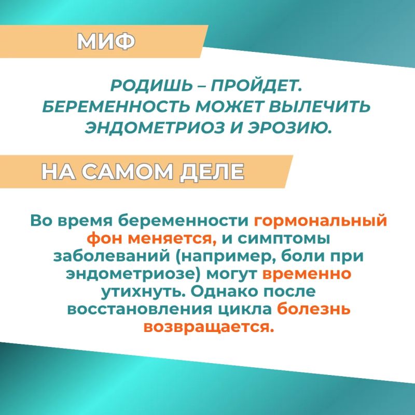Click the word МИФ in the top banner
pyautogui.click(x=106, y=42)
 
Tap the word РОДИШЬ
pyautogui.click(x=151, y=86)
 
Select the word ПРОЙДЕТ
pyautogui.click(x=256, y=85)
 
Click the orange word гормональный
pyautogui.click(x=320, y=222)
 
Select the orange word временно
pyautogui.click(x=307, y=274)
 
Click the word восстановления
pyautogui.click(x=140, y=309)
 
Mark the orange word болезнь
pyautogui.click(x=314, y=309)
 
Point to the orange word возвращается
pyautogui.click(x=208, y=327)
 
